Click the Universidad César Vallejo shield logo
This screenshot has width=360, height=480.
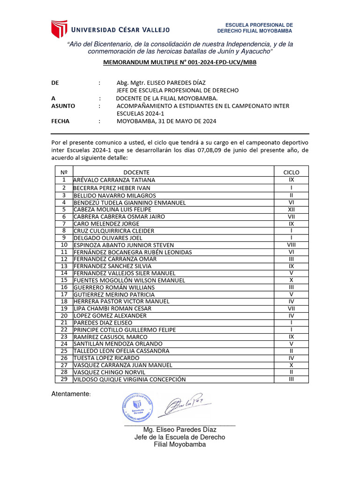(60, 29)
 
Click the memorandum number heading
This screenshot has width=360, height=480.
(180, 62)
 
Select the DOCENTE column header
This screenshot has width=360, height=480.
(136, 172)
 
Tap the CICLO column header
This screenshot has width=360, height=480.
(291, 172)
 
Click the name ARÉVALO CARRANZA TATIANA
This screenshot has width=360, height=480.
(114, 180)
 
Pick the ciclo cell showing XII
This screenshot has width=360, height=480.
(291, 210)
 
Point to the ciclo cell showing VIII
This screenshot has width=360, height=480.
(291, 245)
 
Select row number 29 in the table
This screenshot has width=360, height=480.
(64, 379)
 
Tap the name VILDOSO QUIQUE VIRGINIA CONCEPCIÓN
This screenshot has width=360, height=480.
(129, 379)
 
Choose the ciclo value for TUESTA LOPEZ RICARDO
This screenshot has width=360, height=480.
(291, 358)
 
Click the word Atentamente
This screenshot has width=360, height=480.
(70, 394)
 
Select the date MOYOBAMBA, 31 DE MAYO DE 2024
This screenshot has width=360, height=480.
(166, 121)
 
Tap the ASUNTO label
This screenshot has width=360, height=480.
(63, 106)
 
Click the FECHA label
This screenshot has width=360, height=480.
(60, 121)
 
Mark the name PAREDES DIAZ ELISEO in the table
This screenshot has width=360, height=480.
(103, 322)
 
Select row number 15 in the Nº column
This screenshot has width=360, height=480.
(64, 280)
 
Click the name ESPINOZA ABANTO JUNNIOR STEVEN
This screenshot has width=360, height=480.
(124, 245)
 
